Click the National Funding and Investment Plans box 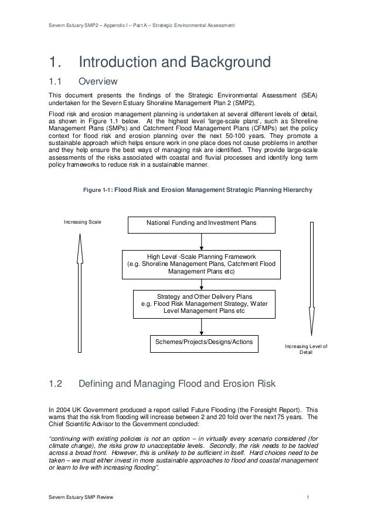tap(201, 223)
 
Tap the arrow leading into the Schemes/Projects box tap(201, 326)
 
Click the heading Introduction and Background tap(174, 62)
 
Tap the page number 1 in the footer tap(308, 498)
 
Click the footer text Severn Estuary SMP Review tap(80, 498)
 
